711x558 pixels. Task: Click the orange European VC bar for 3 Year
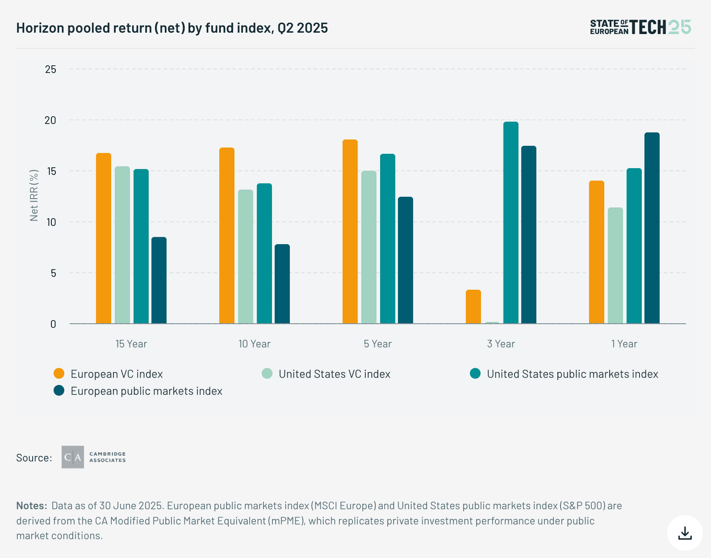coord(473,307)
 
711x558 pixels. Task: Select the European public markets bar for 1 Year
coord(652,228)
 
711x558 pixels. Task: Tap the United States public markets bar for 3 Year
coord(511,223)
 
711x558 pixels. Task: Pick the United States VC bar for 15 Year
coord(122,245)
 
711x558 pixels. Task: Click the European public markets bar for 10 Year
coord(282,284)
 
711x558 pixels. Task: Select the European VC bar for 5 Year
coord(350,232)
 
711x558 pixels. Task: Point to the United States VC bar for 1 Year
coord(615,266)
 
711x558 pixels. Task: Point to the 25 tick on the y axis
coord(51,69)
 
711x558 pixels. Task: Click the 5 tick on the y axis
coord(53,273)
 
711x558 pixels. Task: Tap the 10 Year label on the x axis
coord(254,344)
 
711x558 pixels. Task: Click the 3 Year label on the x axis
coord(501,344)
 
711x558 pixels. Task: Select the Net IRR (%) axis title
coord(34,196)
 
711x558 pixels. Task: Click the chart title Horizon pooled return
coord(172,28)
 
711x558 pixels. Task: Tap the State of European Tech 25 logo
coord(640,27)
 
